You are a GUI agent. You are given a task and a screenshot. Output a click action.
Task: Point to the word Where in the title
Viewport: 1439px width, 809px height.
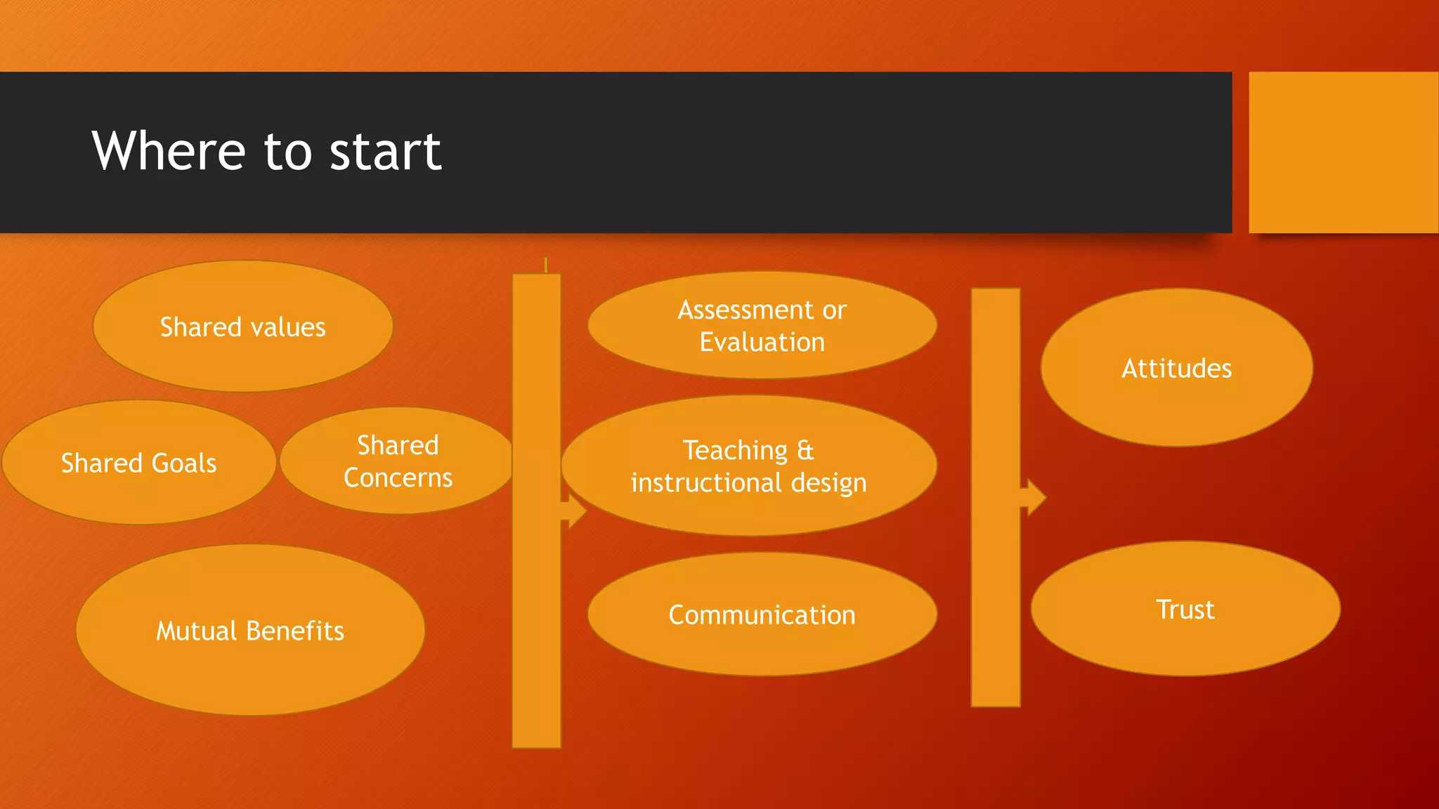click(169, 151)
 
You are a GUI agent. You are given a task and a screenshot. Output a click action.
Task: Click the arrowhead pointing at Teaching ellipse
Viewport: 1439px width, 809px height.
click(576, 511)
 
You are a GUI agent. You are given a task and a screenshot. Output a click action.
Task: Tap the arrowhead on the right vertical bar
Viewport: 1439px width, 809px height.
click(1035, 497)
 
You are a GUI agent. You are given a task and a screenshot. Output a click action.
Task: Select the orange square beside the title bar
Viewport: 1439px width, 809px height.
click(1343, 152)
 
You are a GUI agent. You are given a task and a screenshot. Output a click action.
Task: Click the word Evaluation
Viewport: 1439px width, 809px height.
click(762, 343)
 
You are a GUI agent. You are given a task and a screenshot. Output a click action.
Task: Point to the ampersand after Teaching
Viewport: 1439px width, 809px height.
click(805, 450)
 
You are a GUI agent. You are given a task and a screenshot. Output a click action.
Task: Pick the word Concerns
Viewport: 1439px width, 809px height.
click(398, 478)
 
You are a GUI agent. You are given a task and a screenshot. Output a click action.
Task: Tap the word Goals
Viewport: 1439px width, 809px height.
click(184, 463)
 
